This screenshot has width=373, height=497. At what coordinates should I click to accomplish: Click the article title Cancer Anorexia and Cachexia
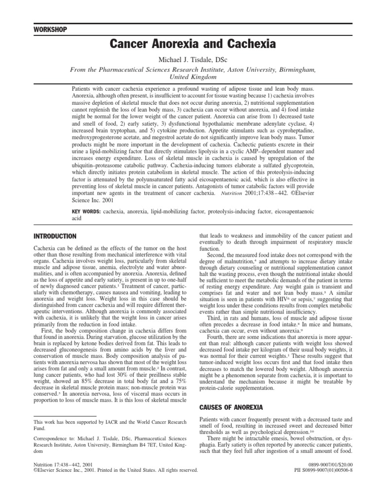coord(193,45)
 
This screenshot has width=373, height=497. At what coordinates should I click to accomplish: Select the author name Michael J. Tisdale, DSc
coord(193,60)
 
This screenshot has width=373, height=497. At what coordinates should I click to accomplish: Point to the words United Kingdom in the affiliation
coord(193,77)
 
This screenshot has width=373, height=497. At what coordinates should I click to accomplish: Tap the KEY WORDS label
coord(85,212)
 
